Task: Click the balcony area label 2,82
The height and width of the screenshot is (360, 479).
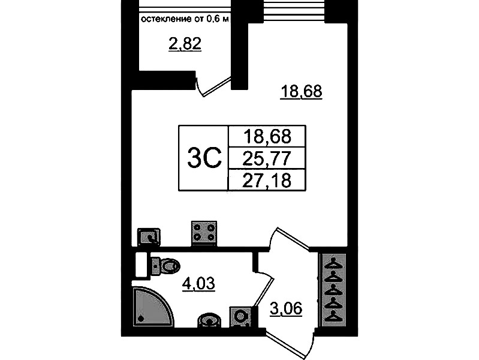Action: pos(185,44)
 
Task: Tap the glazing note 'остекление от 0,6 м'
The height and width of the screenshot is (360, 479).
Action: pos(185,19)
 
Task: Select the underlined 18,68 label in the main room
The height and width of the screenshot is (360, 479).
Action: pos(302,91)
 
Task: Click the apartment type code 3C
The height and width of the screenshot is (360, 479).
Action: pos(204,158)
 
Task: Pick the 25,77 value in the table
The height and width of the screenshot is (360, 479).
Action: pos(266,158)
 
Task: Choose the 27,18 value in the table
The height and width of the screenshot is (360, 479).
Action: pos(266,180)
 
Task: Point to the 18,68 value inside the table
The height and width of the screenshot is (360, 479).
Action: pos(267,136)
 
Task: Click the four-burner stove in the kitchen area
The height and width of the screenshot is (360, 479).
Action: pos(204,233)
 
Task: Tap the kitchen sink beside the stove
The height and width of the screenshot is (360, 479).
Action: pos(149,237)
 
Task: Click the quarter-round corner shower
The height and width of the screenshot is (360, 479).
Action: pos(152,306)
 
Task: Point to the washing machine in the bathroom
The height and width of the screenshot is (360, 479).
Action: pos(240,317)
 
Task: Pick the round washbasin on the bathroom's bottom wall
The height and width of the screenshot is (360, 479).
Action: pos(210,320)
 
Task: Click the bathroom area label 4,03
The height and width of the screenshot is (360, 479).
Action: pos(198,284)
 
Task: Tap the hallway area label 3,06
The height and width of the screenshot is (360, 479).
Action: pos(286,308)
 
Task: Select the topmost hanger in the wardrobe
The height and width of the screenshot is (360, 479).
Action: pos(332,262)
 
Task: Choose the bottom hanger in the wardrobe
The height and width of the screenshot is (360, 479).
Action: pos(332,316)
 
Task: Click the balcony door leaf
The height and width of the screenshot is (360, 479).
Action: pos(214,86)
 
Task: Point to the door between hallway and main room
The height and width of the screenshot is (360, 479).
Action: pos(291,239)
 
